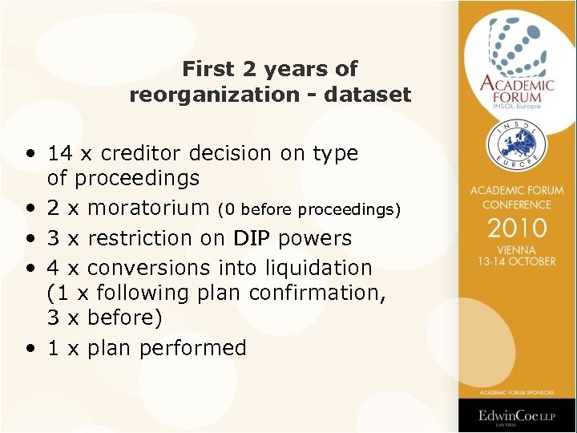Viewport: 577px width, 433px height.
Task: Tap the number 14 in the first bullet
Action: [60, 153]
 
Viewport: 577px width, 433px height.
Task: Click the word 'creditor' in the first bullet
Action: [135, 153]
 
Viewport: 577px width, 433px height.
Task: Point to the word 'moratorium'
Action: [149, 208]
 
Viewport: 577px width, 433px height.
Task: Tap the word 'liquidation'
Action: [325, 267]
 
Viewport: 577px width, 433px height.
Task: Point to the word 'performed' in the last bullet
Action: [192, 348]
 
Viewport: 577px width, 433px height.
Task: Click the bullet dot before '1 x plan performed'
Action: [30, 349]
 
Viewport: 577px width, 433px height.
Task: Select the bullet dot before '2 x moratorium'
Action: [30, 209]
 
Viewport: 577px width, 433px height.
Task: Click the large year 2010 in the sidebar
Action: [517, 228]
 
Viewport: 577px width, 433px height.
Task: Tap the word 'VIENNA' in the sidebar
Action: [517, 250]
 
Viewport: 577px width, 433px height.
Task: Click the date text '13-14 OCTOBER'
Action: [517, 262]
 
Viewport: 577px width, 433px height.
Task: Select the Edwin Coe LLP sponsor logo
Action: [517, 415]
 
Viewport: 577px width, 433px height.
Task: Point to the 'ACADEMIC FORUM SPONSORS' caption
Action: [517, 392]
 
